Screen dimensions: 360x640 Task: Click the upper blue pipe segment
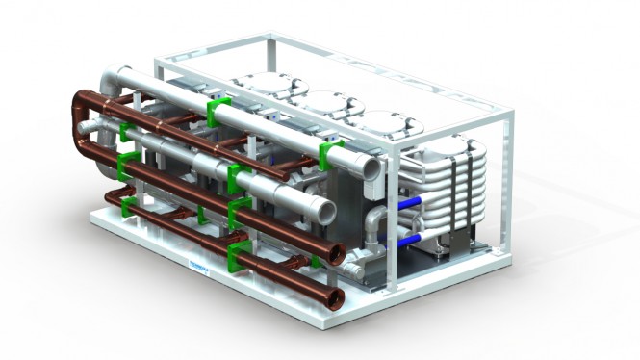pos(410,204)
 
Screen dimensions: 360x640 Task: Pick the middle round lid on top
pos(328,105)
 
